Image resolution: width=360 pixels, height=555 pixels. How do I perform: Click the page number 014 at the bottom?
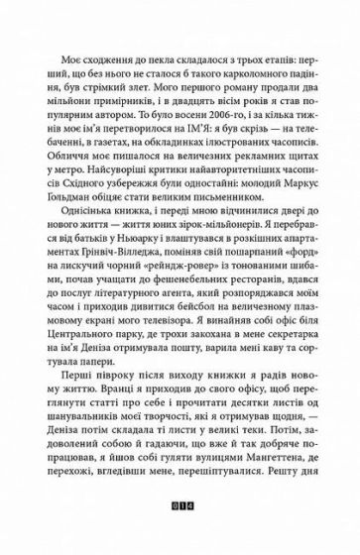coord(179,513)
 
